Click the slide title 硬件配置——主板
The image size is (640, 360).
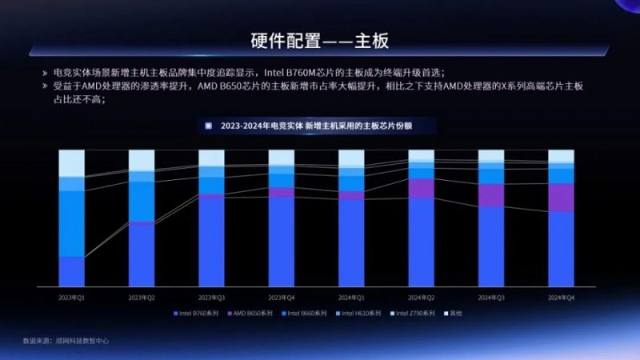[320, 39]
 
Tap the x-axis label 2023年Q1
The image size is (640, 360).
[72, 297]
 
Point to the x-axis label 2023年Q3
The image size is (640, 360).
[212, 297]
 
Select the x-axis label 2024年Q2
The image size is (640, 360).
[422, 297]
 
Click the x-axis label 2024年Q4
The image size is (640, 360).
[561, 297]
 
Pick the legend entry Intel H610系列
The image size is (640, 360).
[361, 313]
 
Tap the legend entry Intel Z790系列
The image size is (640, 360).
[415, 313]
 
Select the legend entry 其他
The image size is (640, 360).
[454, 313]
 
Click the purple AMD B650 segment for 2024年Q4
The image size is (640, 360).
[561, 198]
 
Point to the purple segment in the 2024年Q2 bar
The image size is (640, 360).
[422, 188]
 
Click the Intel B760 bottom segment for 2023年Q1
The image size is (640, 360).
[72, 271]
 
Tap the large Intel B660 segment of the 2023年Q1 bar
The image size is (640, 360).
[72, 223]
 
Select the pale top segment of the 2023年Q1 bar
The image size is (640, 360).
[72, 162]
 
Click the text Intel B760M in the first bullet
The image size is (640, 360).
[284, 72]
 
